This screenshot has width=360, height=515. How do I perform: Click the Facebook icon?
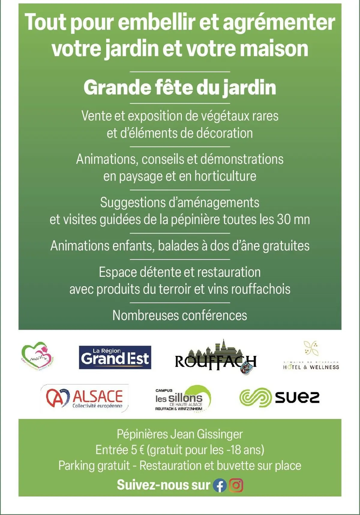220,485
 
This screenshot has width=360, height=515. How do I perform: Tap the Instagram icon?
236,485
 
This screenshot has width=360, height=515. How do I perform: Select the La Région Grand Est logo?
115,357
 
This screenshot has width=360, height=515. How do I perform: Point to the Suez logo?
279,397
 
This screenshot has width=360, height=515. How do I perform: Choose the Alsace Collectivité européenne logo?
84,398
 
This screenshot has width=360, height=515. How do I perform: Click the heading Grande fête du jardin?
180,88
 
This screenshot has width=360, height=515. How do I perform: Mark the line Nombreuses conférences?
180,315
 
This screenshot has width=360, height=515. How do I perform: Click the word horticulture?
225,176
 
